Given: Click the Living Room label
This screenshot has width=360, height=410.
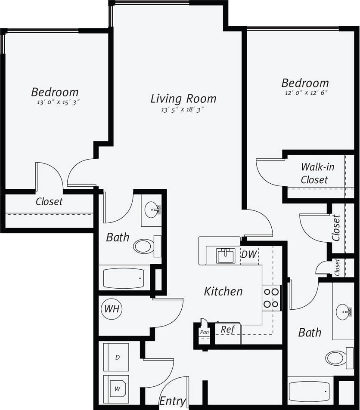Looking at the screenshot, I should (x=183, y=99).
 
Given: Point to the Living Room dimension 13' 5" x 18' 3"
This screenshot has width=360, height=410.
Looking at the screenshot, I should (x=183, y=110).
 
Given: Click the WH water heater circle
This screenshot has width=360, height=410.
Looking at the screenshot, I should (x=111, y=309).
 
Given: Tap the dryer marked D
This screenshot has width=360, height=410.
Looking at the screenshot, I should (x=117, y=357).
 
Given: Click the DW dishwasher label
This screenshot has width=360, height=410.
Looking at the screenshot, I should (x=248, y=254).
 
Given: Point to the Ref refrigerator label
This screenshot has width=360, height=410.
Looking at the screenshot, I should (x=227, y=330).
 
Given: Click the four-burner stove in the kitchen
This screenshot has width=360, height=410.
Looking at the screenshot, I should (x=271, y=298).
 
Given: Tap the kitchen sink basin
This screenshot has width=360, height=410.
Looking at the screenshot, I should (x=226, y=256).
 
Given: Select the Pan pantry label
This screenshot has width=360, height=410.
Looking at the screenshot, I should (x=204, y=332).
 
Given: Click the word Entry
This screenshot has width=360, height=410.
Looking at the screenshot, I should (x=172, y=401).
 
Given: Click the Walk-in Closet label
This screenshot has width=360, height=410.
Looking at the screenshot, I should (x=317, y=173).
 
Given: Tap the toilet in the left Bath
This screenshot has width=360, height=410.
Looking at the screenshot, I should (x=143, y=247).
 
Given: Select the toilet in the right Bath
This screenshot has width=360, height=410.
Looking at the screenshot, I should (x=336, y=358).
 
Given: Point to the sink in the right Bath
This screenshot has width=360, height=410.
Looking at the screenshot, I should (x=344, y=309).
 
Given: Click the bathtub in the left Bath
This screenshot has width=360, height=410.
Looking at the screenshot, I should (x=124, y=279).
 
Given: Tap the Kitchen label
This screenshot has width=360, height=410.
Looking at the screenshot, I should (x=223, y=291).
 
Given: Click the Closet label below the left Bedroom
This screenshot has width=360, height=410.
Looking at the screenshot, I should (x=49, y=201).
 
